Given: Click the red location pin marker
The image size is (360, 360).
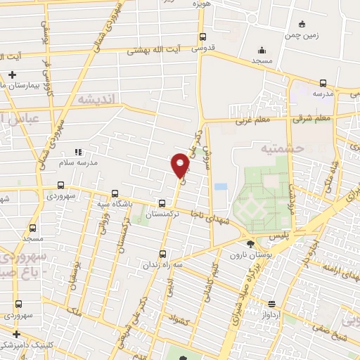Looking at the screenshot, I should coord(180,165).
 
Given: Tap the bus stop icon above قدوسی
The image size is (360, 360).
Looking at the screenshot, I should coord(203,37).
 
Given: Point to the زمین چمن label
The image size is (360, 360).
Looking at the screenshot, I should coord(302,34).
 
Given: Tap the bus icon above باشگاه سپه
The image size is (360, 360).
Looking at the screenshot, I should coord(115,193).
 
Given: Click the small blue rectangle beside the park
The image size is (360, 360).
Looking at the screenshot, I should coord(221,188).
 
